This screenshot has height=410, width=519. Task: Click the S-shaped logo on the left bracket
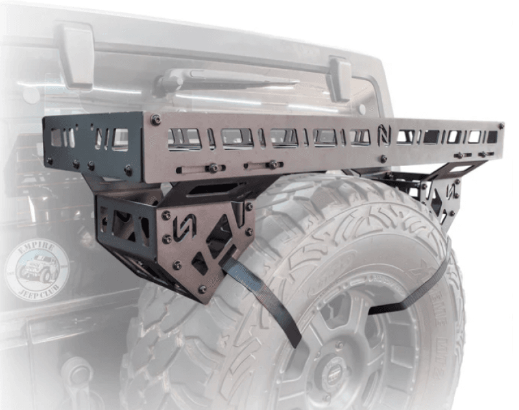(181, 226)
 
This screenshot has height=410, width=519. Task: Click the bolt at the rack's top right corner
(500, 125)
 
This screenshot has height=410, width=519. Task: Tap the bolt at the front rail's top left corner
(155, 119)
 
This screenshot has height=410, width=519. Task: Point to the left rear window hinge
(78, 57)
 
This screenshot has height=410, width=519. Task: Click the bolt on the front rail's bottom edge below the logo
(383, 158)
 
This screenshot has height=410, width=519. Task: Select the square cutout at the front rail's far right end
(492, 136)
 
